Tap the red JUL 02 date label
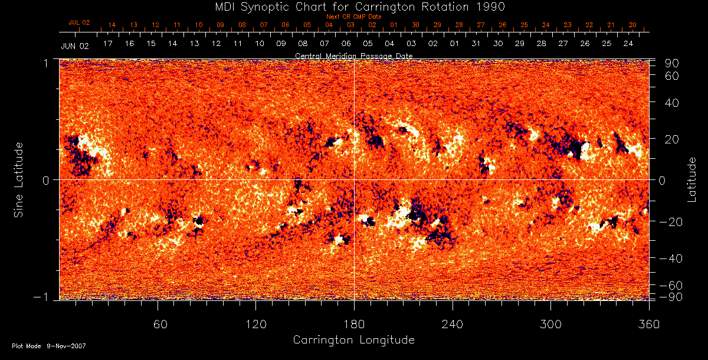pyautogui.click(x=79, y=22)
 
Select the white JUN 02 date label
pyautogui.click(x=74, y=45)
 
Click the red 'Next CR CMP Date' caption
pyautogui.click(x=354, y=17)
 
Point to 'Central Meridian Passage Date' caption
pyautogui.click(x=354, y=55)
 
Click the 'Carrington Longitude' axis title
pyautogui.click(x=353, y=340)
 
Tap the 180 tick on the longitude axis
pyautogui.click(x=354, y=324)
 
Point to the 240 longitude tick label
pyautogui.click(x=453, y=324)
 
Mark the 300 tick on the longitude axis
pyautogui.click(x=550, y=324)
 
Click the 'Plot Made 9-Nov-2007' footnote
pyautogui.click(x=49, y=346)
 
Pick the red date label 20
pyautogui.click(x=632, y=25)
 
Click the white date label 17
pyautogui.click(x=108, y=44)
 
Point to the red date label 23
pyautogui.click(x=567, y=25)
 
